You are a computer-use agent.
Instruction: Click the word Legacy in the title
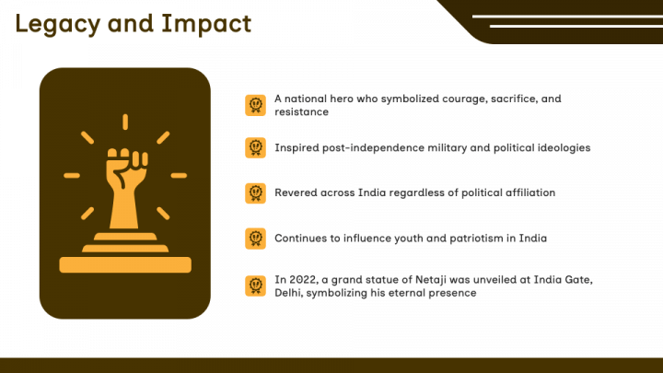point(57,24)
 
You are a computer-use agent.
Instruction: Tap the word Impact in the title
point(207,24)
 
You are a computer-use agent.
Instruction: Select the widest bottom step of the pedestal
point(125,264)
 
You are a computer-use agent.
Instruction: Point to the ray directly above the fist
point(125,122)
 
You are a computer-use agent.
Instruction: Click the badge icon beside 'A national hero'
point(255,105)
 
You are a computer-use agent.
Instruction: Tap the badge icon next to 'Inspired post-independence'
point(255,147)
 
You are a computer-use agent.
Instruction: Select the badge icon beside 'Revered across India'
point(255,192)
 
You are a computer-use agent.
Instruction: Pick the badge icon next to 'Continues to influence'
point(255,239)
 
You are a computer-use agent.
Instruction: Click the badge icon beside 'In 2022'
point(255,286)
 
